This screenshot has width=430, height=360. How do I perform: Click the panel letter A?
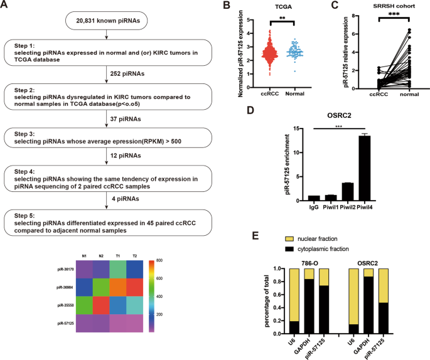coord(6,6)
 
